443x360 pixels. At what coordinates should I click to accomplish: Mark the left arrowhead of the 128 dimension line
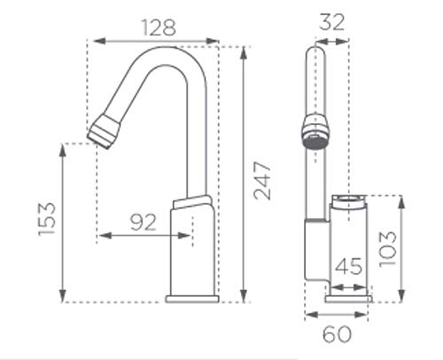tap(97, 40)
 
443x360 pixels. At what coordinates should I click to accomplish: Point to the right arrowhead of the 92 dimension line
tap(188, 236)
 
